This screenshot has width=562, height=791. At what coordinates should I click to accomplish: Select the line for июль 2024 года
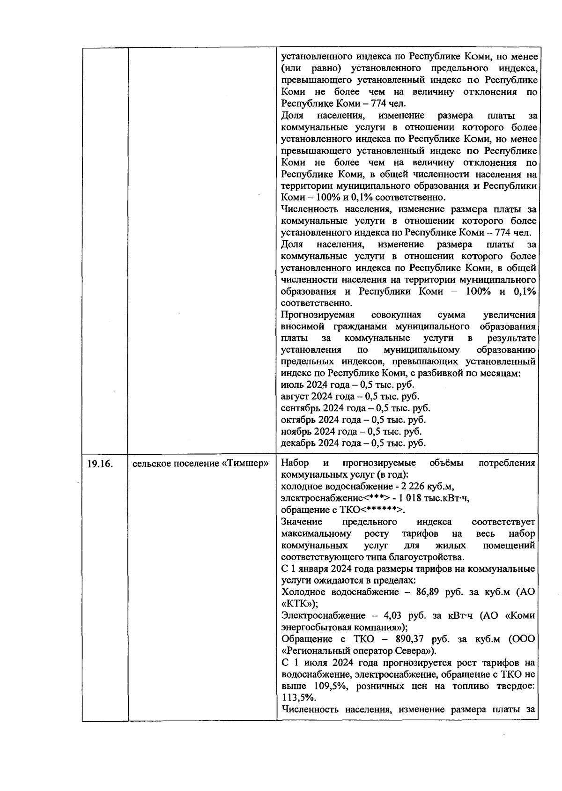coord(347,385)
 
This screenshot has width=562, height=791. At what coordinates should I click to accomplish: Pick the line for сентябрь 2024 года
coord(355,408)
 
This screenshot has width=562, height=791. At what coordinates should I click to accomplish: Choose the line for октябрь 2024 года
coord(353,420)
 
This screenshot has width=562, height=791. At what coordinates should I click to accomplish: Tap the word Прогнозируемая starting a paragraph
coord(318,315)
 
